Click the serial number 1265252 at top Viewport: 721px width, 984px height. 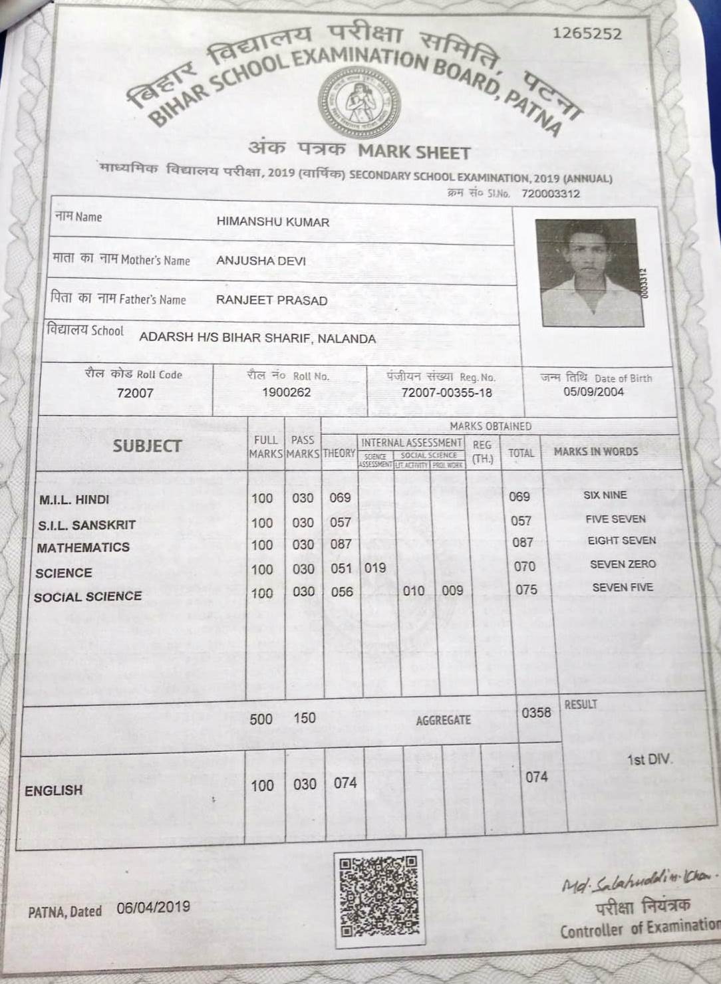[587, 33]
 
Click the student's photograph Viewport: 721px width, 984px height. [589, 273]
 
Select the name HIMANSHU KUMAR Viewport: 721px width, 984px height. [273, 222]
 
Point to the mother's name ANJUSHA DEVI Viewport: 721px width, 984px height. [261, 261]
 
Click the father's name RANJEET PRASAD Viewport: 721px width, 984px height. [271, 300]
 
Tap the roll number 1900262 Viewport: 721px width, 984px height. [286, 392]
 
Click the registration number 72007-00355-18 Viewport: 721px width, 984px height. [446, 392]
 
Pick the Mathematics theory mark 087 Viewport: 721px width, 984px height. [341, 544]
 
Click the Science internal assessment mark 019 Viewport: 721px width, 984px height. [375, 568]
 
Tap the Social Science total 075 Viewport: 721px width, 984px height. [526, 590]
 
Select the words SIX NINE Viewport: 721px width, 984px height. [605, 495]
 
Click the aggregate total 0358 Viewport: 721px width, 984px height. [536, 713]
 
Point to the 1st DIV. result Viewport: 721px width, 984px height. [650, 759]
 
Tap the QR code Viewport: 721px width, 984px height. [379, 898]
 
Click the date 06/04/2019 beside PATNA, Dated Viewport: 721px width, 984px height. [153, 907]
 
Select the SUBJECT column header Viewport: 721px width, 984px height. [147, 446]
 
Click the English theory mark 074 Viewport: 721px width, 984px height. [345, 783]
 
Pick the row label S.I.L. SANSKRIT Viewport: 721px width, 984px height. [86, 525]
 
